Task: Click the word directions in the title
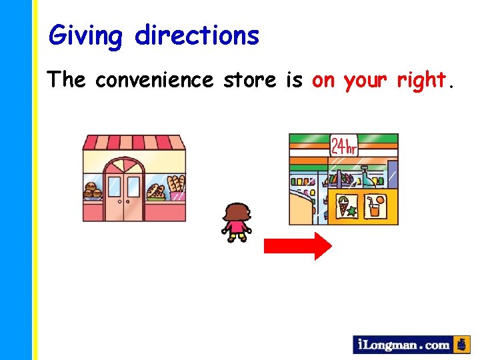(x=197, y=35)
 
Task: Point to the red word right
(x=421, y=81)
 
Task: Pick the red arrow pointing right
(x=297, y=246)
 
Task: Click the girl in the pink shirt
(x=236, y=223)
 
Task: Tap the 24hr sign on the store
(x=344, y=146)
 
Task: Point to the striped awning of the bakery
(x=133, y=142)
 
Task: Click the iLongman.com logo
(x=403, y=345)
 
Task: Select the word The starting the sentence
(x=67, y=81)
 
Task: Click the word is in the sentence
(x=293, y=81)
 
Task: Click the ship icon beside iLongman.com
(x=461, y=345)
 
